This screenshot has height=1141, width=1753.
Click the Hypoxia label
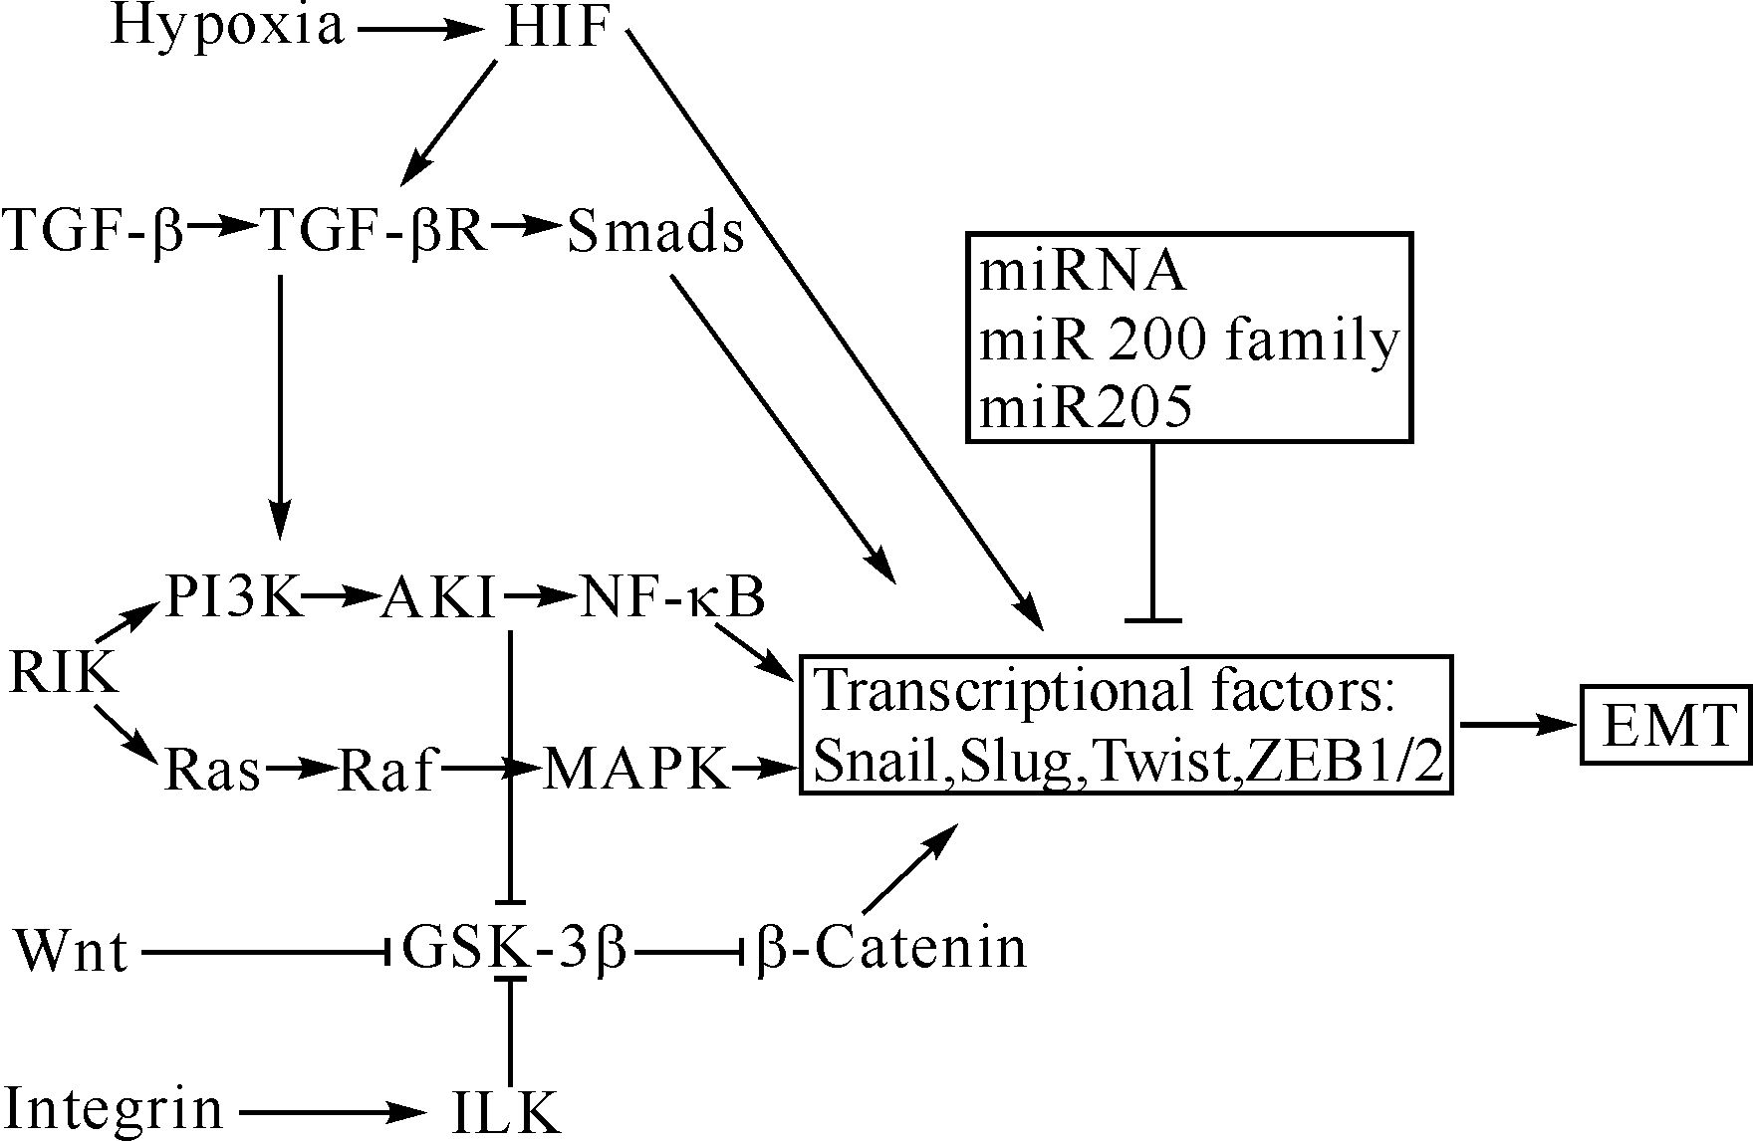(x=227, y=28)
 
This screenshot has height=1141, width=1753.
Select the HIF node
(x=557, y=28)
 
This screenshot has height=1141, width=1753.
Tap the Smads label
(x=655, y=232)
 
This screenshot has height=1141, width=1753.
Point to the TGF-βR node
(x=376, y=232)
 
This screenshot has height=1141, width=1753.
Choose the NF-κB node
(x=672, y=597)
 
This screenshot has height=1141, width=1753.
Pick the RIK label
(x=64, y=674)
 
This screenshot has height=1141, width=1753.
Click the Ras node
(x=211, y=769)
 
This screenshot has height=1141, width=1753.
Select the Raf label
(x=386, y=769)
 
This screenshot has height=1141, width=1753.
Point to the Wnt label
(x=72, y=951)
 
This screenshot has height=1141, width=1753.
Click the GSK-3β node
(x=514, y=948)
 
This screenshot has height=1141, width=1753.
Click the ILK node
(x=505, y=1111)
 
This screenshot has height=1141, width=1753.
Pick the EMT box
(x=1666, y=726)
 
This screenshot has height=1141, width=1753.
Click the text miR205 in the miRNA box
(x=1086, y=407)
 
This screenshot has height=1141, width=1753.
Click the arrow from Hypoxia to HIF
(x=419, y=30)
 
